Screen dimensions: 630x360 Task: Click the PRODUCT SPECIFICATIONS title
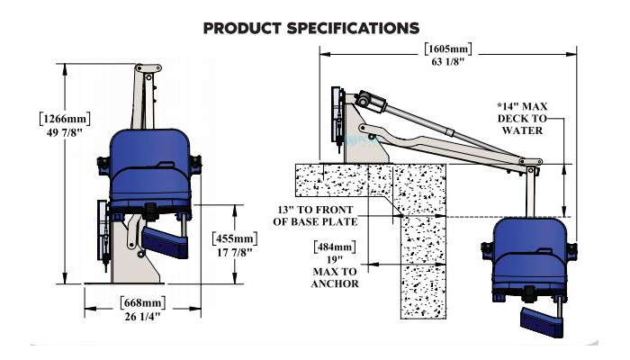[311, 28]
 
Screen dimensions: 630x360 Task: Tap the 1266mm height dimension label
[65, 119]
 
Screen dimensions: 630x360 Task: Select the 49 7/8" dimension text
[64, 132]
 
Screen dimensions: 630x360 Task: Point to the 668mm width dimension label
[142, 303]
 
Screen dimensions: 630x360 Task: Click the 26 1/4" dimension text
[142, 317]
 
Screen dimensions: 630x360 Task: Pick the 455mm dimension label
[235, 238]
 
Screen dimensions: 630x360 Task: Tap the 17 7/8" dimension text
[235, 252]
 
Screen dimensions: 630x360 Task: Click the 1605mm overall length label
[448, 49]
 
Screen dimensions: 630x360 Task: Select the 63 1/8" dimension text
[448, 62]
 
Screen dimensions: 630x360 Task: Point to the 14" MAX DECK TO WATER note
[522, 118]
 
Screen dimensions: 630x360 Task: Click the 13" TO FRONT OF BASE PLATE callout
[315, 216]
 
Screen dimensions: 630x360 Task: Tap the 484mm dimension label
[335, 247]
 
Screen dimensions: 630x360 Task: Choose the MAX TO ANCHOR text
[335, 277]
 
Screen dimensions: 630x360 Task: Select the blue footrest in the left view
[165, 242]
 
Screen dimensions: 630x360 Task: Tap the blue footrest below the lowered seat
[542, 322]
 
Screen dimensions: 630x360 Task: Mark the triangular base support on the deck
[365, 132]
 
